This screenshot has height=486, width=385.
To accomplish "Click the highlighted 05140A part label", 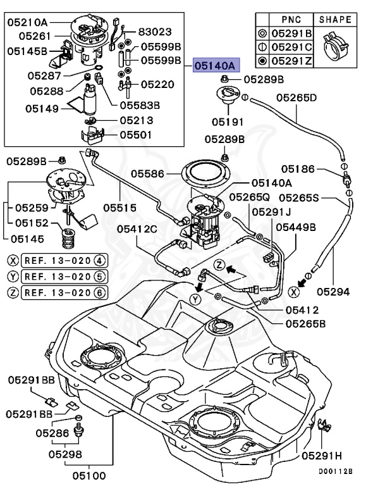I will click(215, 65).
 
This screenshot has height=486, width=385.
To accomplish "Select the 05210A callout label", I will click(28, 22).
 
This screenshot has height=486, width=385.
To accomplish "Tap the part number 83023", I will click(156, 30).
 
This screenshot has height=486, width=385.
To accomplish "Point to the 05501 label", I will click(135, 134).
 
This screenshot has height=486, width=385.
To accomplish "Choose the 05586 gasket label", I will click(147, 172).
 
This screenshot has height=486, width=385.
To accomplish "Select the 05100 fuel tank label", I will click(89, 475).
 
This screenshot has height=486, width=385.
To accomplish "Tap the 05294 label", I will click(333, 292).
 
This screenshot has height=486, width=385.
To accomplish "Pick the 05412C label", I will click(135, 228).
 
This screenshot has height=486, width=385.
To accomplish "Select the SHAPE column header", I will click(334, 20).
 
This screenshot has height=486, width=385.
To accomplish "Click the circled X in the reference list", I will click(13, 259).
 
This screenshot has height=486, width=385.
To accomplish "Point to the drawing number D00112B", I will click(335, 471).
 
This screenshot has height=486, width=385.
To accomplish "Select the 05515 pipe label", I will click(121, 206).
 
